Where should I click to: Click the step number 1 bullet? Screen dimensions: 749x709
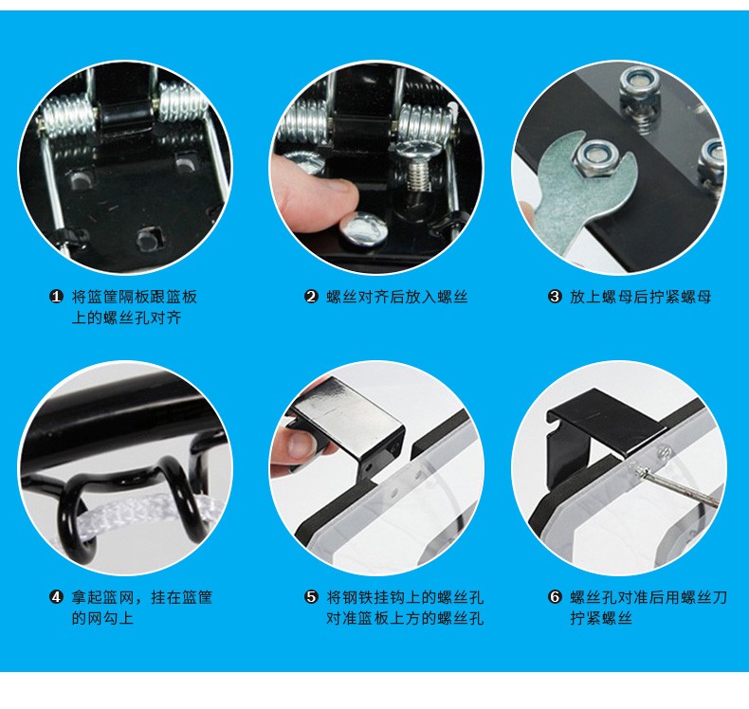pyautogui.click(x=56, y=297)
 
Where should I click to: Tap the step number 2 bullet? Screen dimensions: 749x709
pyautogui.click(x=311, y=297)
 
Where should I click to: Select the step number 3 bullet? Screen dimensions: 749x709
pyautogui.click(x=554, y=297)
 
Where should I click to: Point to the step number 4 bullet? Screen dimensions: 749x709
pyautogui.click(x=56, y=597)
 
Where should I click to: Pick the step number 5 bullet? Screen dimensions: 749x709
pyautogui.click(x=311, y=597)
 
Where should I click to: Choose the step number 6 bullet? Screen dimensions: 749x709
pyautogui.click(x=554, y=597)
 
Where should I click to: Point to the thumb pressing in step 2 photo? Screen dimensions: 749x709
pyautogui.click(x=316, y=196)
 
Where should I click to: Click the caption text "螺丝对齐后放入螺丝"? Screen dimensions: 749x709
pyautogui.click(x=397, y=297)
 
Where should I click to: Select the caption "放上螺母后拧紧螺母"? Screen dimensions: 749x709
pyautogui.click(x=641, y=297)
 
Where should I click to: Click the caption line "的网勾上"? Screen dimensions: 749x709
pyautogui.click(x=102, y=618)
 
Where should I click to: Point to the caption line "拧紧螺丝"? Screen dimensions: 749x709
pyautogui.click(x=601, y=618)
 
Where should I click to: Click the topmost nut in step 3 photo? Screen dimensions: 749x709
pyautogui.click(x=639, y=87)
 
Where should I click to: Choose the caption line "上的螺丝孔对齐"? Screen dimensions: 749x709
pyautogui.click(x=127, y=318)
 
